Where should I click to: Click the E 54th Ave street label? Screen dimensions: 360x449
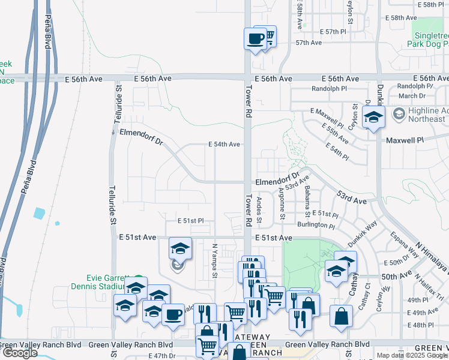[224, 145]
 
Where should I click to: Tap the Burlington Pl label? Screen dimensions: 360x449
[316, 226]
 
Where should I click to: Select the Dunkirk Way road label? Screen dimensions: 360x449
[363, 232]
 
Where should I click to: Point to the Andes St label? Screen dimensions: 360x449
[260, 209]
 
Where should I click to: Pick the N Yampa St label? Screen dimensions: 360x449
[214, 260]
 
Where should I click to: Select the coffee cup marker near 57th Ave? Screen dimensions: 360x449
[255, 39]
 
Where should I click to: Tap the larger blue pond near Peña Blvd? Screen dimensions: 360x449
[40, 213]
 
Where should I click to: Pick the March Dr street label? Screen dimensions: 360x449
[412, 96]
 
